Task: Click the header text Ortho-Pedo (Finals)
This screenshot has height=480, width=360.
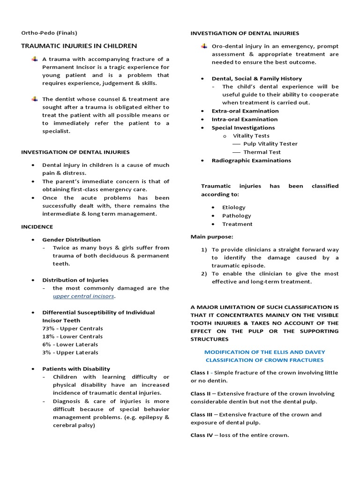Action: pyautogui.click(x=49, y=33)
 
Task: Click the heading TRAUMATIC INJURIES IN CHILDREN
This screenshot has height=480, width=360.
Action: pyautogui.click(x=79, y=46)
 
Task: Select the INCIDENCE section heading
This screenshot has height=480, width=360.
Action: pyautogui.click(x=37, y=226)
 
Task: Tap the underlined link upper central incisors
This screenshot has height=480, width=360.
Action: pyautogui.click(x=83, y=296)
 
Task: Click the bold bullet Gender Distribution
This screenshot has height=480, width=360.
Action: pyautogui.click(x=71, y=240)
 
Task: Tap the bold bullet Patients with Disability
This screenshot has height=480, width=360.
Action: pyautogui.click(x=76, y=369)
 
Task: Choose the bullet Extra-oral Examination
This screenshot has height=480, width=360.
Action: pyautogui.click(x=245, y=111)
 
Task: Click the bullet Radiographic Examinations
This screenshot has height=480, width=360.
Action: pyautogui.click(x=251, y=160)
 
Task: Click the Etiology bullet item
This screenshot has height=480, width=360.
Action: pyautogui.click(x=234, y=207)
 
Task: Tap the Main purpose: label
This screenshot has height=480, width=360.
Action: pyautogui.click(x=211, y=237)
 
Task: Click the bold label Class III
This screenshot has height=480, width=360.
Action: pyautogui.click(x=202, y=414)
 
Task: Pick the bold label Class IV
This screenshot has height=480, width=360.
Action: pyautogui.click(x=202, y=435)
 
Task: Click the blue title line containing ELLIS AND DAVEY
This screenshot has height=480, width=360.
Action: pyautogui.click(x=264, y=352)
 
